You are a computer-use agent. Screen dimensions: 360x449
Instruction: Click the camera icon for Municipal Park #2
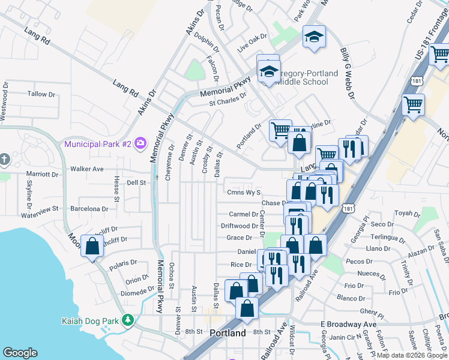pyautogui.click(x=140, y=143)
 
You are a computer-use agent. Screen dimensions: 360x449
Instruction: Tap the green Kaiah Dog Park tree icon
pyautogui.click(x=127, y=320)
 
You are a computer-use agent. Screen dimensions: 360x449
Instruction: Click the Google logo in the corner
pyautogui.click(x=20, y=353)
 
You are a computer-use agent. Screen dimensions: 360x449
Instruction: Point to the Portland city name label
pyautogui.click(x=228, y=333)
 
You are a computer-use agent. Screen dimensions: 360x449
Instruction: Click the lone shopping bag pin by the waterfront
pyautogui.click(x=91, y=246)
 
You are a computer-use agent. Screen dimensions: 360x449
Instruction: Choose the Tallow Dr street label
pyautogui.click(x=41, y=94)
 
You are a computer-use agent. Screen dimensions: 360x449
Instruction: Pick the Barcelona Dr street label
pyautogui.click(x=88, y=209)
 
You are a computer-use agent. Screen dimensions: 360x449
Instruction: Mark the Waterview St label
pyautogui.click(x=39, y=209)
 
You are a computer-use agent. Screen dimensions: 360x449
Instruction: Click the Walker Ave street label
pyautogui.click(x=87, y=169)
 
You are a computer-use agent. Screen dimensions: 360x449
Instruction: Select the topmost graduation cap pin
pyautogui.click(x=314, y=37)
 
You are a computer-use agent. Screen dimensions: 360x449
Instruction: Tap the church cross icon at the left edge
pyautogui.click(x=4, y=159)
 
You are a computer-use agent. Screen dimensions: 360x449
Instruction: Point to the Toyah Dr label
pyautogui.click(x=407, y=213)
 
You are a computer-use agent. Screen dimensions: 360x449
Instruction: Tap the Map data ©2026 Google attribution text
pyautogui.click(x=412, y=355)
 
